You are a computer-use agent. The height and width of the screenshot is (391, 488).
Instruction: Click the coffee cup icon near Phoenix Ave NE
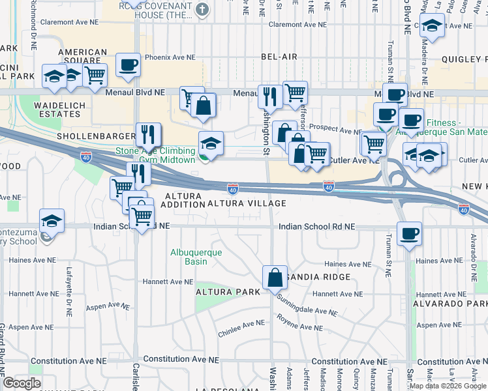(x=129, y=65)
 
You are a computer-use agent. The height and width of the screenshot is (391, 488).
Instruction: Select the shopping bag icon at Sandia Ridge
(x=275, y=277)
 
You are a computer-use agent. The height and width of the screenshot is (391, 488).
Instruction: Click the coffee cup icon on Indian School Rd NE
(x=409, y=233)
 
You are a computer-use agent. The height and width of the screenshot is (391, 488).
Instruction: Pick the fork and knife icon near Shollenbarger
(x=148, y=134)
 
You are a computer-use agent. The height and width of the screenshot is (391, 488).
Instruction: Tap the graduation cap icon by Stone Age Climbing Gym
(x=211, y=143)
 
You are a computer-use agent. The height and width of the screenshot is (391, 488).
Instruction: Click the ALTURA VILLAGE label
(x=247, y=203)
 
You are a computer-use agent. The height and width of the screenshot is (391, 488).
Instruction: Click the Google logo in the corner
(x=22, y=383)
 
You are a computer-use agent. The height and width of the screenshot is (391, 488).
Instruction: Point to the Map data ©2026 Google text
(x=448, y=386)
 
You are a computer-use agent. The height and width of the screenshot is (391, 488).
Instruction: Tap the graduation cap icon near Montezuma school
(x=52, y=220)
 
